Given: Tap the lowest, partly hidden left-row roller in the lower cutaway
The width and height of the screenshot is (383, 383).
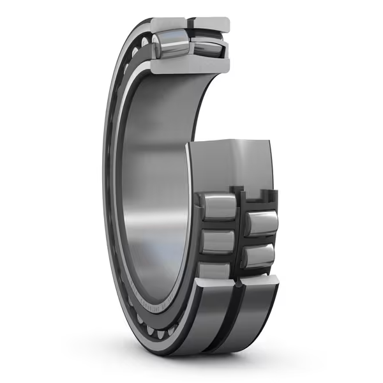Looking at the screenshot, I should click(216, 271).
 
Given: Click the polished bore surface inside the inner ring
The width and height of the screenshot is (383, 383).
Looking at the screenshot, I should click(153, 191).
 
